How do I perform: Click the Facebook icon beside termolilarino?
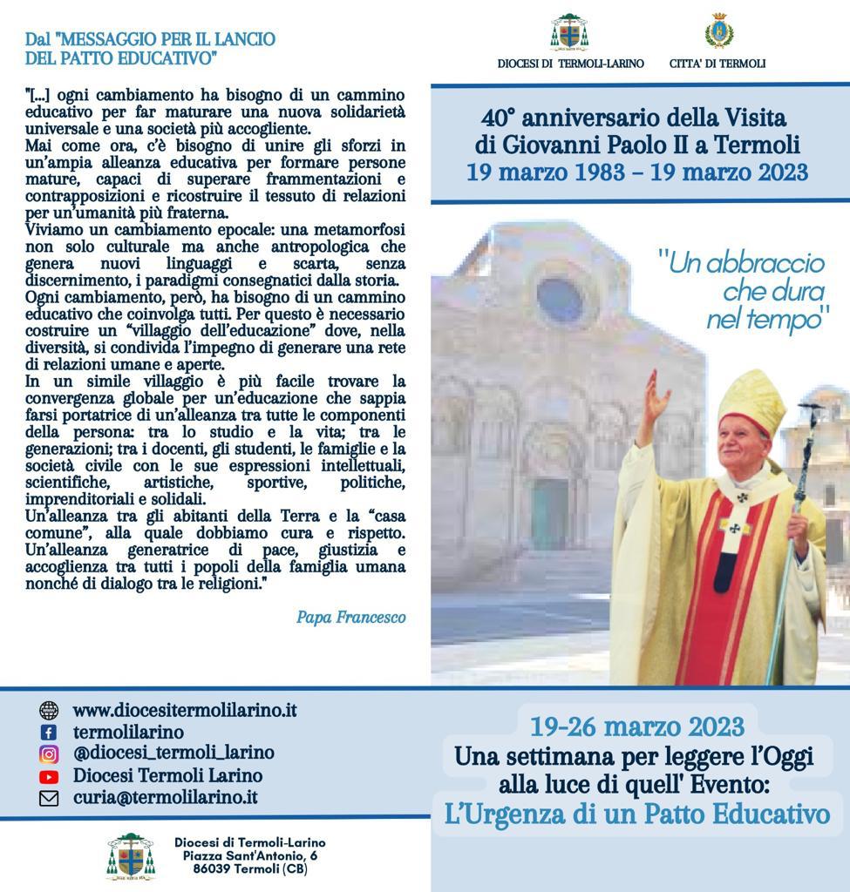coord(49,733)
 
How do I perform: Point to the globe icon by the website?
coord(49,711)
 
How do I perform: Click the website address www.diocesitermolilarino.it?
coord(184,710)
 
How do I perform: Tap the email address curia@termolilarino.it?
coord(165,797)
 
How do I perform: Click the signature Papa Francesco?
coord(350,618)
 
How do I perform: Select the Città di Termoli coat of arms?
coord(718,31)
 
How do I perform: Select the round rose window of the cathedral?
coord(559,299)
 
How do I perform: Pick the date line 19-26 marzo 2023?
coord(637,726)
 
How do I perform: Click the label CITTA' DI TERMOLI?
coord(717,64)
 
